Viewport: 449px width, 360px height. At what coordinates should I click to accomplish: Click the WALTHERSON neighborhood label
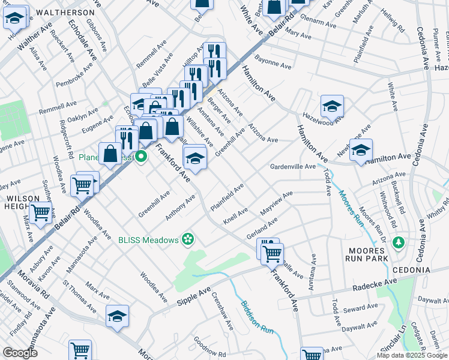coord(64,12)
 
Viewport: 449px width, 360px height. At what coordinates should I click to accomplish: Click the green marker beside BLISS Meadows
coord(188,239)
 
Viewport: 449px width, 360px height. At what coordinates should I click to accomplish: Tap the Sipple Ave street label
coord(193,297)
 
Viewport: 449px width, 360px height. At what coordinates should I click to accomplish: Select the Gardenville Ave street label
coord(292,166)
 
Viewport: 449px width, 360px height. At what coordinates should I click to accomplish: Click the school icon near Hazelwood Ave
coord(332,107)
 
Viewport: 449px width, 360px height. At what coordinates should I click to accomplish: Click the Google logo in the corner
coord(20,353)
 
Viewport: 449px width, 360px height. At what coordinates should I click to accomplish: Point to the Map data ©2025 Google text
coord(412,355)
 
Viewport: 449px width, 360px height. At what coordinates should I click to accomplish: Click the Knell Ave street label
coord(235,214)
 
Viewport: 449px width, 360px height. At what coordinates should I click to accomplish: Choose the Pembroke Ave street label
coord(75,74)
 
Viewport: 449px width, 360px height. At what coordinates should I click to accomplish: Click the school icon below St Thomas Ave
coord(117,316)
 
